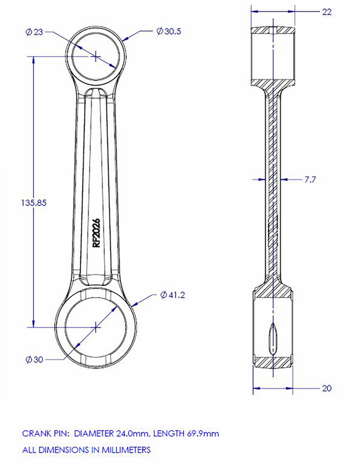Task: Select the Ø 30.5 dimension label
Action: click(x=168, y=31)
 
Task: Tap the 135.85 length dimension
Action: click(x=34, y=203)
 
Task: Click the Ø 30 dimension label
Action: click(x=34, y=359)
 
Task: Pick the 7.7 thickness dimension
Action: click(x=310, y=180)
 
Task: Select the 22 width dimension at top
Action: click(x=327, y=12)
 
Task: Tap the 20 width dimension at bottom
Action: click(x=327, y=388)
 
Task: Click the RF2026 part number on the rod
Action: click(x=97, y=233)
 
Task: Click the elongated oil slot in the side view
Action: click(x=272, y=340)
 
